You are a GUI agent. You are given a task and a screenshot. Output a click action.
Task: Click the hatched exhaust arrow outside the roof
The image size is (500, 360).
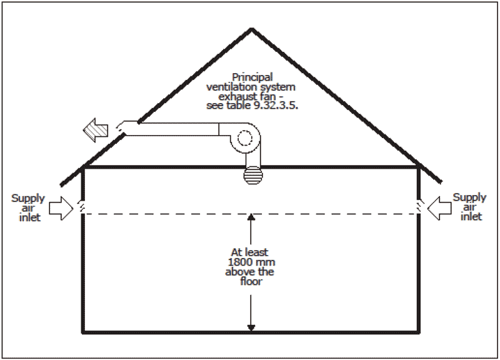click(x=96, y=130)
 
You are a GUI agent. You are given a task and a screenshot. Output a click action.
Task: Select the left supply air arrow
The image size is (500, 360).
click(x=61, y=208)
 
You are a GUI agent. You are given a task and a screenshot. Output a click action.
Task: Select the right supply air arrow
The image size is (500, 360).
click(x=439, y=208)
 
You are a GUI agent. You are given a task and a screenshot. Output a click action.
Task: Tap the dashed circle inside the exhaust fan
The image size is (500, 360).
click(x=245, y=138)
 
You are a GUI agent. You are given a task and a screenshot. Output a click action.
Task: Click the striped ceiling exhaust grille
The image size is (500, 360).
click(x=253, y=176)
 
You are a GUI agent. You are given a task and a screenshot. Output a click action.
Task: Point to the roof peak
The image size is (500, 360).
click(x=252, y=29)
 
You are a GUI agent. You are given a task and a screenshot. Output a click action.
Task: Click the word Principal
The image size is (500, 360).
click(x=252, y=77)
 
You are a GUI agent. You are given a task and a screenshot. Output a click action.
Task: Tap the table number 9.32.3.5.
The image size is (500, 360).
click(x=276, y=106)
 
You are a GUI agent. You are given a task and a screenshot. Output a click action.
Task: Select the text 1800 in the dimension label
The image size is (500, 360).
click(x=239, y=262)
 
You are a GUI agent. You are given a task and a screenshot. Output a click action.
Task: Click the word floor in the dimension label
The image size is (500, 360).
click(x=251, y=281)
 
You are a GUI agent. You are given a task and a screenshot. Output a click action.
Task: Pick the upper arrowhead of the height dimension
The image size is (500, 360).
click(x=251, y=217)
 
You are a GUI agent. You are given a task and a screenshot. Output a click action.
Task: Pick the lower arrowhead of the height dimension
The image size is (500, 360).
click(x=251, y=327)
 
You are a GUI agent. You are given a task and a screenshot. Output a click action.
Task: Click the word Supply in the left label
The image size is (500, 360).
click(x=28, y=199)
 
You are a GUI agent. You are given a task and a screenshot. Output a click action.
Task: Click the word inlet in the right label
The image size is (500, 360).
click(x=471, y=217)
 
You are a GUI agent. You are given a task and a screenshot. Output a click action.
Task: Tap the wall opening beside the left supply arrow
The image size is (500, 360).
click(x=82, y=207)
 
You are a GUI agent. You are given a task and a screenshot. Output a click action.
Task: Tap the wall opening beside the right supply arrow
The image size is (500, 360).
click(x=419, y=207)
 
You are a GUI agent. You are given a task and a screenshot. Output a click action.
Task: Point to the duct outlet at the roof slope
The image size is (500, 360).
click(x=121, y=127)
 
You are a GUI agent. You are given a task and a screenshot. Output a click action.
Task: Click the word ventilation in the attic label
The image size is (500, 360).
click(x=232, y=87)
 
